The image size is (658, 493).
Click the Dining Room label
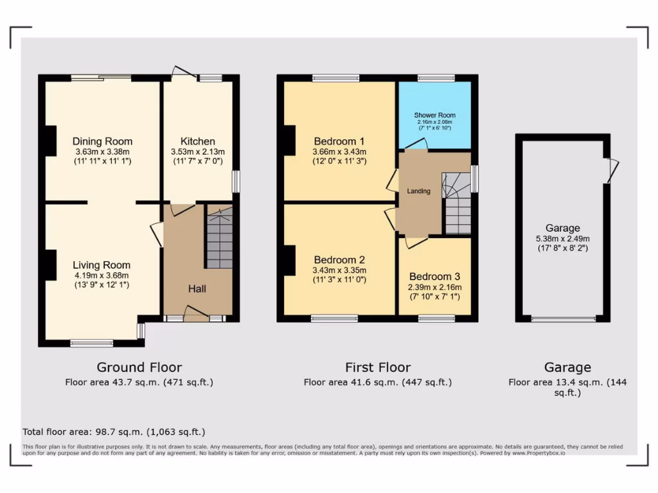(x=102, y=141)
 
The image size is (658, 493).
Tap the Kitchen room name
(x=197, y=141)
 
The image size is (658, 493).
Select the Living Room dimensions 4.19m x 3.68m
(x=102, y=275)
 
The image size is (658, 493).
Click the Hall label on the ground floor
(x=197, y=289)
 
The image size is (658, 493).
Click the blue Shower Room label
(x=434, y=116)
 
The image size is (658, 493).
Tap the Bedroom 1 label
(x=339, y=141)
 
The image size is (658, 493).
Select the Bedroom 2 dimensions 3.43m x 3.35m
(x=339, y=270)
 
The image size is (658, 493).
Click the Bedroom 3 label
(x=434, y=277)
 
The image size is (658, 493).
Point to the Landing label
(x=418, y=191)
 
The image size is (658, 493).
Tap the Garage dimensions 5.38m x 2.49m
(x=562, y=238)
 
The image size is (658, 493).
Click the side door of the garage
(x=612, y=169)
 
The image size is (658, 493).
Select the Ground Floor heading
(x=139, y=367)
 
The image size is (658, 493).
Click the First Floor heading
(x=378, y=367)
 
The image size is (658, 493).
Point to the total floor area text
(x=114, y=432)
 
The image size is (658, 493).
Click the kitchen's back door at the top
(x=184, y=72)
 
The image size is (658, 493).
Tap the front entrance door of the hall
(x=195, y=315)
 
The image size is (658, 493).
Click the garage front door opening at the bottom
(x=563, y=318)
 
